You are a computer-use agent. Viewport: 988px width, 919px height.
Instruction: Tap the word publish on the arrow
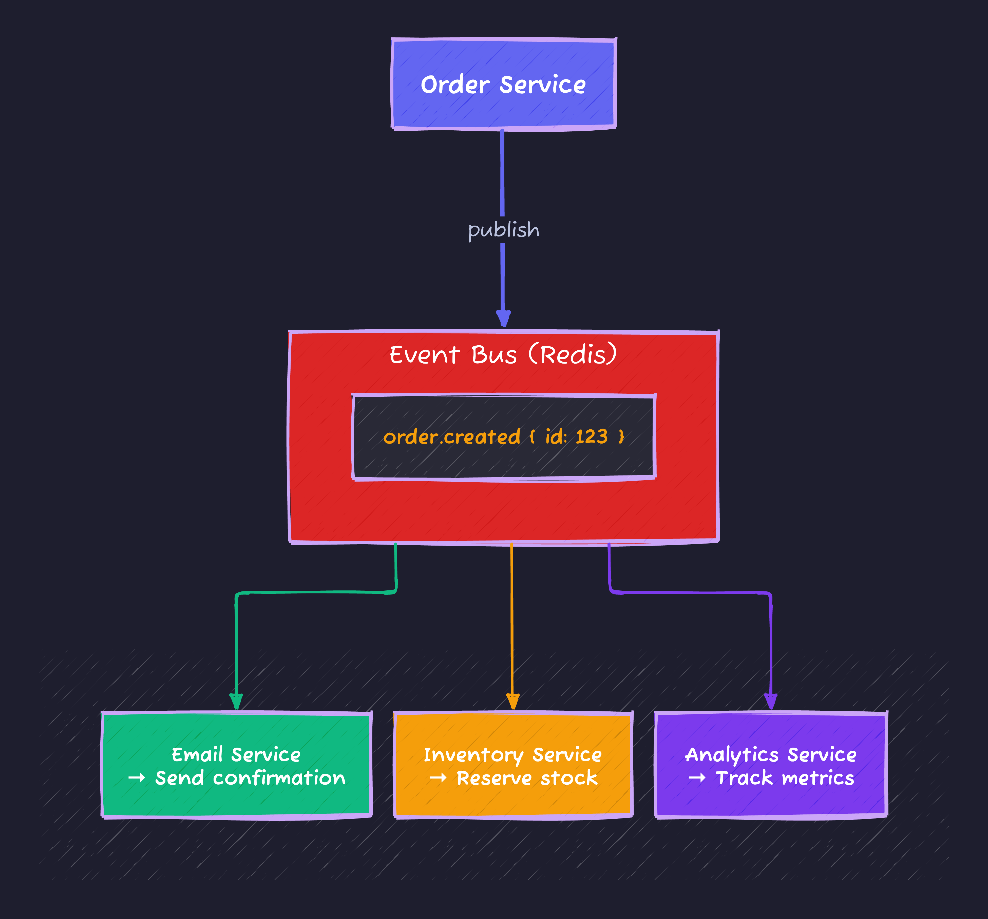coord(503,230)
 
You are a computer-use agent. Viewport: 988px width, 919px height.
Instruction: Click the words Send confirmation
coord(250,778)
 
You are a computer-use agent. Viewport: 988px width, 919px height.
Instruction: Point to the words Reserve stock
coord(527,778)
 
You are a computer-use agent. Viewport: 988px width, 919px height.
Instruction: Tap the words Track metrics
coord(785,778)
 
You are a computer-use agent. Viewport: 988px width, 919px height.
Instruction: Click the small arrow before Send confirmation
coord(137,778)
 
